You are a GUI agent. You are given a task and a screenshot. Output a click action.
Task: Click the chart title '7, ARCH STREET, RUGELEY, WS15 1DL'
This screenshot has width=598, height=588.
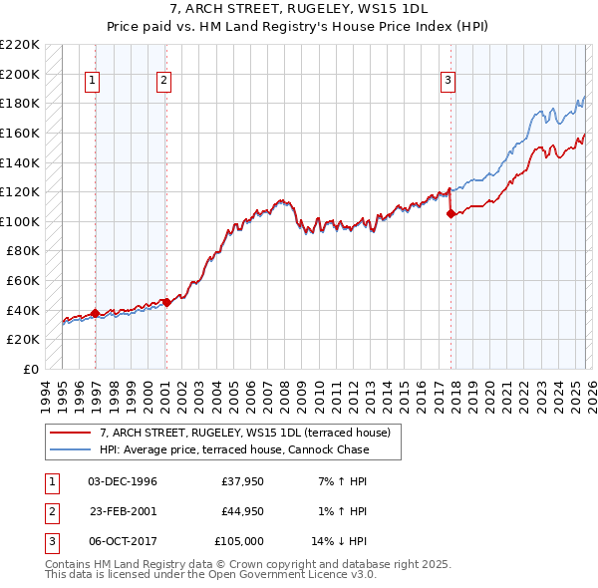point(298,9)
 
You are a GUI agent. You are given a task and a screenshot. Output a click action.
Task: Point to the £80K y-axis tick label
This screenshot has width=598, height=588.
point(23,251)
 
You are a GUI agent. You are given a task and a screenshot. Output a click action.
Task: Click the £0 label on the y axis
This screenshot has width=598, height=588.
point(30,369)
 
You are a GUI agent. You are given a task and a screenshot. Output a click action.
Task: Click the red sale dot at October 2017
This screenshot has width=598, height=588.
point(451,213)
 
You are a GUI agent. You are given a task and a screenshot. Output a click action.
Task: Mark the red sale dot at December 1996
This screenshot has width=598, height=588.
point(95,313)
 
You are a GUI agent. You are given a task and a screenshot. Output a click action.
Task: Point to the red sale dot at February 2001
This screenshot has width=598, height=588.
point(166,303)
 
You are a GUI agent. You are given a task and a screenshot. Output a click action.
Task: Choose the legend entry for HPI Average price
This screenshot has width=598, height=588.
point(234,449)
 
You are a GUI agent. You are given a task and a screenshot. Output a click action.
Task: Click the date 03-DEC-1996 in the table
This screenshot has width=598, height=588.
point(123,481)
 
